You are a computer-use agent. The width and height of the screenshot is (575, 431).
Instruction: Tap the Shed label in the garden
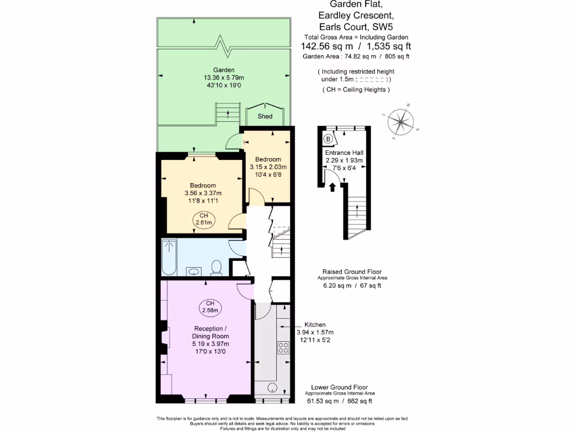[265, 116]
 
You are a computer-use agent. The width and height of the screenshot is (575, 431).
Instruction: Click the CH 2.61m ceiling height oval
[203, 219]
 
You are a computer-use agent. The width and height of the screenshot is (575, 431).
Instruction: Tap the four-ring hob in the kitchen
[283, 347]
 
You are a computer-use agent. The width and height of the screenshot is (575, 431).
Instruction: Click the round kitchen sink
[272, 387]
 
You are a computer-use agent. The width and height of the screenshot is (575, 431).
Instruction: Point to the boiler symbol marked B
[328, 138]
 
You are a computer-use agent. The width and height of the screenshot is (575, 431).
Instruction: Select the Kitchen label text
[315, 325]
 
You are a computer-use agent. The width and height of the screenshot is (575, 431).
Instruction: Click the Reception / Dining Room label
[211, 332]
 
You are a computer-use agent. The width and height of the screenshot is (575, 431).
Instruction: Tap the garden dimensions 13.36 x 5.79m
[223, 77]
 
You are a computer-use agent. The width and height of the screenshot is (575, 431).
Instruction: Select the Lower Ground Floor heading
[340, 387]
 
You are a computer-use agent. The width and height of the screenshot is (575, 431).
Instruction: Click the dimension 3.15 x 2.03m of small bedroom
[268, 167]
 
